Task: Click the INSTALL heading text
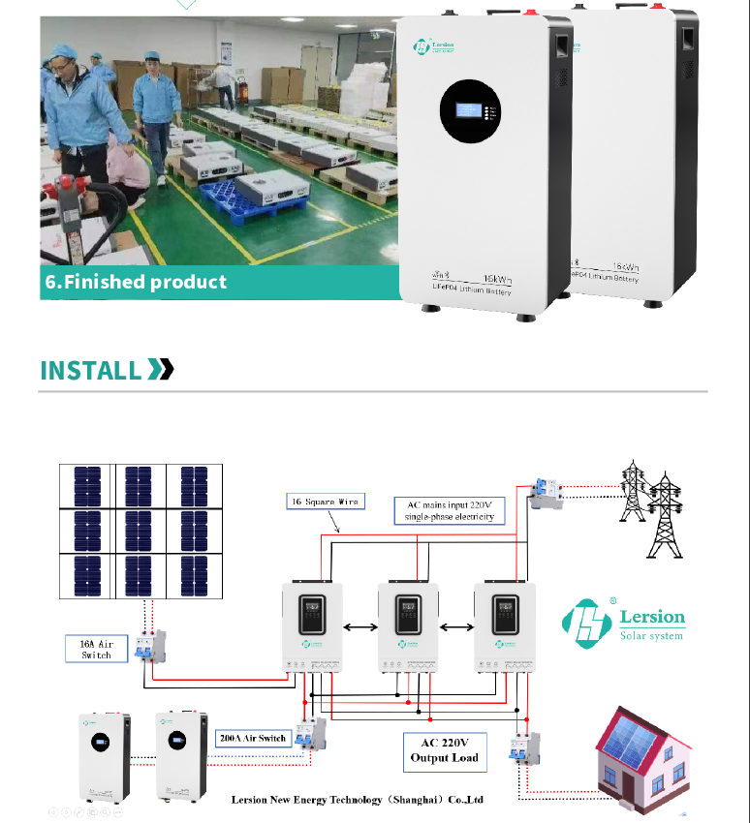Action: (90, 370)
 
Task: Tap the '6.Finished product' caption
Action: (136, 282)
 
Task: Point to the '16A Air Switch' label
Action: (95, 649)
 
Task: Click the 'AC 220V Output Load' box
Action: (444, 750)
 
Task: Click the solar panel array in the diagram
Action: (140, 532)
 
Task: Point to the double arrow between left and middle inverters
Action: (360, 627)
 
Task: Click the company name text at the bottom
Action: (356, 800)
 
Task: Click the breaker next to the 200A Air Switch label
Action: (311, 736)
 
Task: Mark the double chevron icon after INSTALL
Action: (160, 369)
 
